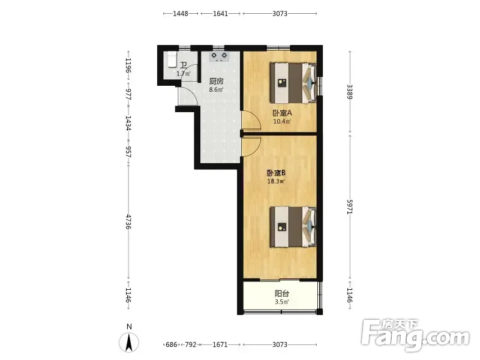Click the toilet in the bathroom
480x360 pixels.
coord(172,59)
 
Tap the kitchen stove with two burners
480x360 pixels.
coord(219,56)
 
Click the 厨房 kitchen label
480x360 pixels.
coord(216,82)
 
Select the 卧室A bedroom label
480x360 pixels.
coord(282,113)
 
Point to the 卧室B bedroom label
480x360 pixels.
coord(276,173)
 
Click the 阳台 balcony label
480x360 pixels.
coord(282,294)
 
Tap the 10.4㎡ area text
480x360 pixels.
coord(282,122)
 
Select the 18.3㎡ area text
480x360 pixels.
coord(276,182)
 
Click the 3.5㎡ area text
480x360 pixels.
coord(282,302)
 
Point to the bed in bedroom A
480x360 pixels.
coord(293,83)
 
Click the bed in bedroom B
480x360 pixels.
coord(293,227)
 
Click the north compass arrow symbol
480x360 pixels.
coord(129,342)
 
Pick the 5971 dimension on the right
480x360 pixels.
coord(350,206)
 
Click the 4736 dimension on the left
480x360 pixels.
coord(128,222)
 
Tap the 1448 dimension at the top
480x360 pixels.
coord(181,13)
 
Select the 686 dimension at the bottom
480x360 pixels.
coord(172,344)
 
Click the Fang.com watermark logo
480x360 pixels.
coord(415,336)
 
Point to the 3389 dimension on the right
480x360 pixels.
coord(350,92)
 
